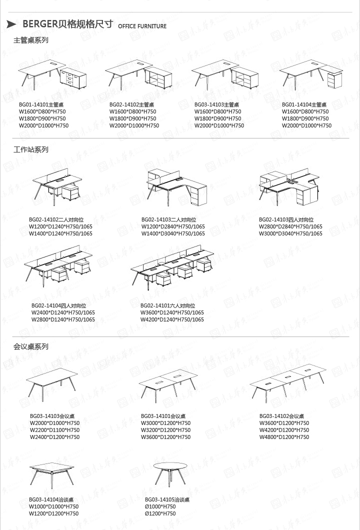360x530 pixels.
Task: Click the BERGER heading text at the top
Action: (x=67, y=25)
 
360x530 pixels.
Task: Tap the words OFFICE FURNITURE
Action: (x=142, y=26)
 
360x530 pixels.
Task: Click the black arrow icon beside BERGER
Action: (x=11, y=25)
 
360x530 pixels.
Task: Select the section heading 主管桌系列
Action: (x=30, y=40)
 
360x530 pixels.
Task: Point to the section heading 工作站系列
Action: (x=30, y=149)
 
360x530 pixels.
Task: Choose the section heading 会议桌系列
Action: (x=30, y=346)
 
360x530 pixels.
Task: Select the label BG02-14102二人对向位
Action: (x=56, y=219)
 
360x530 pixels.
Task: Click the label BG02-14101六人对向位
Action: (x=167, y=305)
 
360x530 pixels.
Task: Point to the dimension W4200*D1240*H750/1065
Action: (x=172, y=319)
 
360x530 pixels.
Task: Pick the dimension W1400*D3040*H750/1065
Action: (x=173, y=233)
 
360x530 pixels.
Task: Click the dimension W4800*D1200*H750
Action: (x=284, y=437)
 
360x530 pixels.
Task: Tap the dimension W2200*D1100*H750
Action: (x=54, y=430)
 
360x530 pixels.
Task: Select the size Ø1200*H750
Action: (x=160, y=513)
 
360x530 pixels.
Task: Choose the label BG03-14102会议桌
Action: (x=281, y=416)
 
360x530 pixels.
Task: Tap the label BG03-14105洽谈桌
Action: (x=167, y=499)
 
